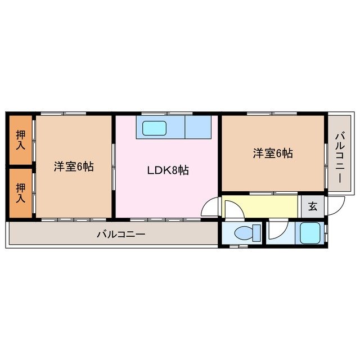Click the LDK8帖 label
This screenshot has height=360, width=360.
168,169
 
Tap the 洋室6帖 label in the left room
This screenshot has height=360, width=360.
74,166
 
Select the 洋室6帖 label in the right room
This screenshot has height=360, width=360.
272,152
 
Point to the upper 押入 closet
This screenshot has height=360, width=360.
21,140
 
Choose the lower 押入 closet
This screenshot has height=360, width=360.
21,192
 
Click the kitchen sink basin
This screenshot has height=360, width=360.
155,128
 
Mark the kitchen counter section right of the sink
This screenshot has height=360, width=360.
197,128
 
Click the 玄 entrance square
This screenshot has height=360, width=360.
312,206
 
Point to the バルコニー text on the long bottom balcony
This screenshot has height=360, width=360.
120,233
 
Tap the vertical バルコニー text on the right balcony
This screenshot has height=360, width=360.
340,156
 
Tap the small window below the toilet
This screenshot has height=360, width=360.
239,246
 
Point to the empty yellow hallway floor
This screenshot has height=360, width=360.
267,205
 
